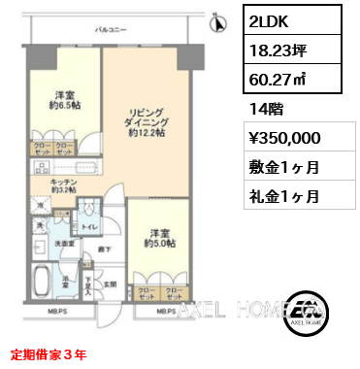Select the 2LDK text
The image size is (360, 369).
(269, 19)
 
